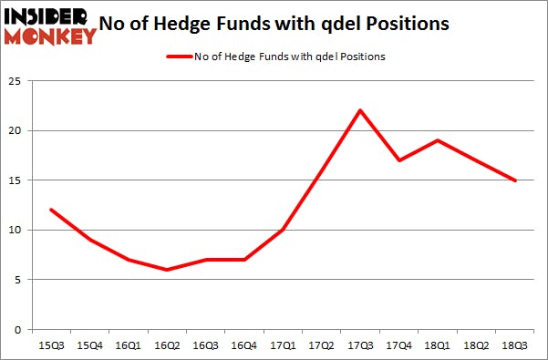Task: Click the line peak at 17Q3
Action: [360, 110]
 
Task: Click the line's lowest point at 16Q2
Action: [166, 270]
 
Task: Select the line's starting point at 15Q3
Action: [50, 210]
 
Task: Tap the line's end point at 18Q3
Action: [515, 180]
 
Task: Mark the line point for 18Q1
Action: [438, 140]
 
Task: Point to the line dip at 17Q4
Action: [398, 160]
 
